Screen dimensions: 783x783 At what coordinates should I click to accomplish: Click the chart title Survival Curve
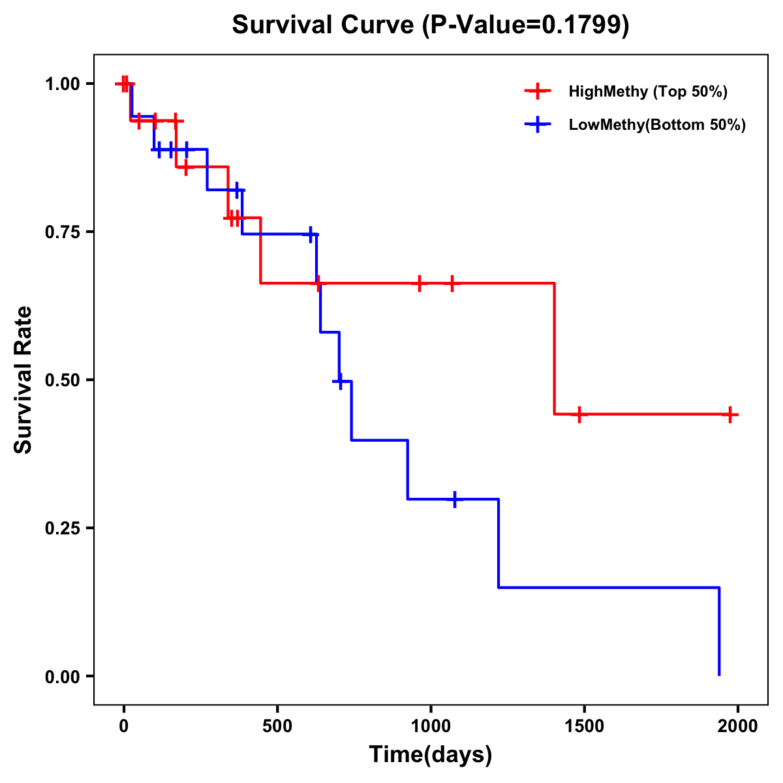coord(431,25)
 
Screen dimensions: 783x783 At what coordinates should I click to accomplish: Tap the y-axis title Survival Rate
coord(23,380)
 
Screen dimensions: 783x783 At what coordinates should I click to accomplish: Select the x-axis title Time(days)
coord(431,754)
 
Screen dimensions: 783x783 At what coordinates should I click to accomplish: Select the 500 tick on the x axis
coord(277,726)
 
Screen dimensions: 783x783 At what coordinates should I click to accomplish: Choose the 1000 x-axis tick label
coord(431,726)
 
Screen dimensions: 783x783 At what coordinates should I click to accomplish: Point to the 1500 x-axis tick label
coord(584,726)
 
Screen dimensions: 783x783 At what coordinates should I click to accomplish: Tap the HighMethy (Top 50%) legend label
coord(648,91)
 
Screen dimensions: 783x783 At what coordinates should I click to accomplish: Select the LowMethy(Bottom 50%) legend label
coord(657,125)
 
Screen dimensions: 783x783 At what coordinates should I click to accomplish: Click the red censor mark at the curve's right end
coord(730,414)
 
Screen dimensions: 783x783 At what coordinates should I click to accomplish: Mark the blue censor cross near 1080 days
coord(454,499)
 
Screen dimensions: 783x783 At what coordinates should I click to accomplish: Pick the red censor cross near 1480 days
coord(579,414)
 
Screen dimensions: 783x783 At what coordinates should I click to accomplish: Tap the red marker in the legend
coord(538,91)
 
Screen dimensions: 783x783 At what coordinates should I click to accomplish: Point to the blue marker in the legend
coord(538,125)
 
